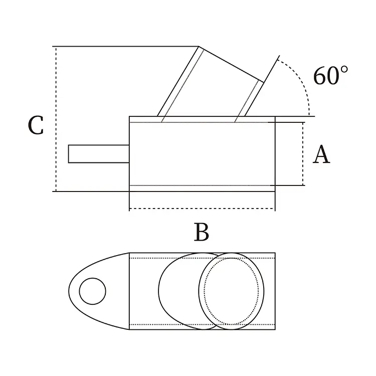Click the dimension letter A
pos(321,154)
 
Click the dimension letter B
pos(202,232)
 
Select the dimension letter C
pos(36,125)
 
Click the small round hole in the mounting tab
pos(93,291)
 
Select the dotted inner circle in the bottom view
pos(232,291)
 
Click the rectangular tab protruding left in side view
pos(99,154)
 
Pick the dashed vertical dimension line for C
pos(56,119)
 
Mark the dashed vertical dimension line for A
pos(303,154)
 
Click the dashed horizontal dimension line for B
pos(202,209)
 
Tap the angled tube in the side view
pos(211,82)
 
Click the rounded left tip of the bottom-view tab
pos(69,291)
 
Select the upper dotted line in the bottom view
pos(202,258)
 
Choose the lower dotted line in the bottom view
pos(202,324)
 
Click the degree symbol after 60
pos(344,70)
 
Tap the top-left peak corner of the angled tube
pos(199,46)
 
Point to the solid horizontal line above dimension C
pos(125,46)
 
